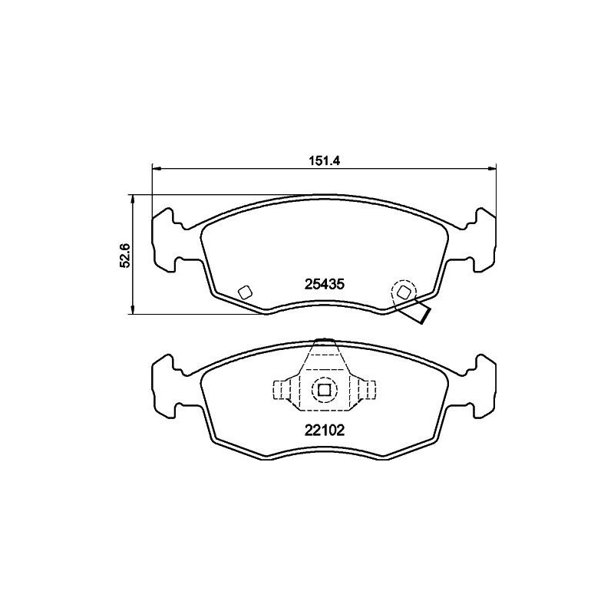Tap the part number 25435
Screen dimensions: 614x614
(323, 283)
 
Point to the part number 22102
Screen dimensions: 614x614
(323, 431)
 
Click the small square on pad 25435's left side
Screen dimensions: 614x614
(245, 292)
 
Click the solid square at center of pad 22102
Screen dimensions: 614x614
(324, 391)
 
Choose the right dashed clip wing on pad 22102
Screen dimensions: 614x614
(364, 391)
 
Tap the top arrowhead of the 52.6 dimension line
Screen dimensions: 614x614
(134, 199)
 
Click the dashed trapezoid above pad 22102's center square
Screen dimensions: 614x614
(324, 360)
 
